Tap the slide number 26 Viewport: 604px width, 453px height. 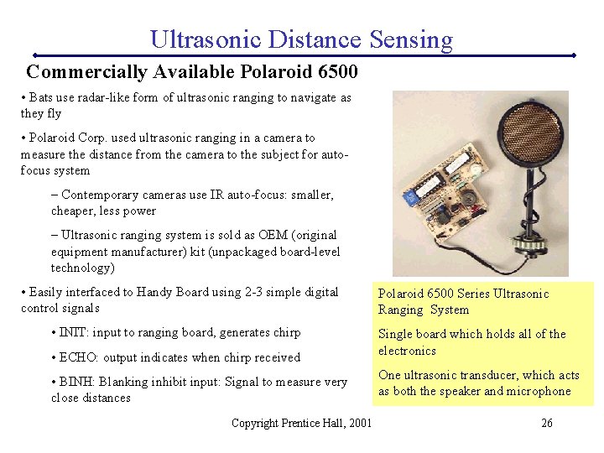pos(546,423)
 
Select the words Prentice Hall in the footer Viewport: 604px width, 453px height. pos(310,423)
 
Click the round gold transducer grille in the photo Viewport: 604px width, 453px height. pos(522,125)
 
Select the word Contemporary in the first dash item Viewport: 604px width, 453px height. pos(101,195)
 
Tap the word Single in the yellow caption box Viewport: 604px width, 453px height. pos(395,334)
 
